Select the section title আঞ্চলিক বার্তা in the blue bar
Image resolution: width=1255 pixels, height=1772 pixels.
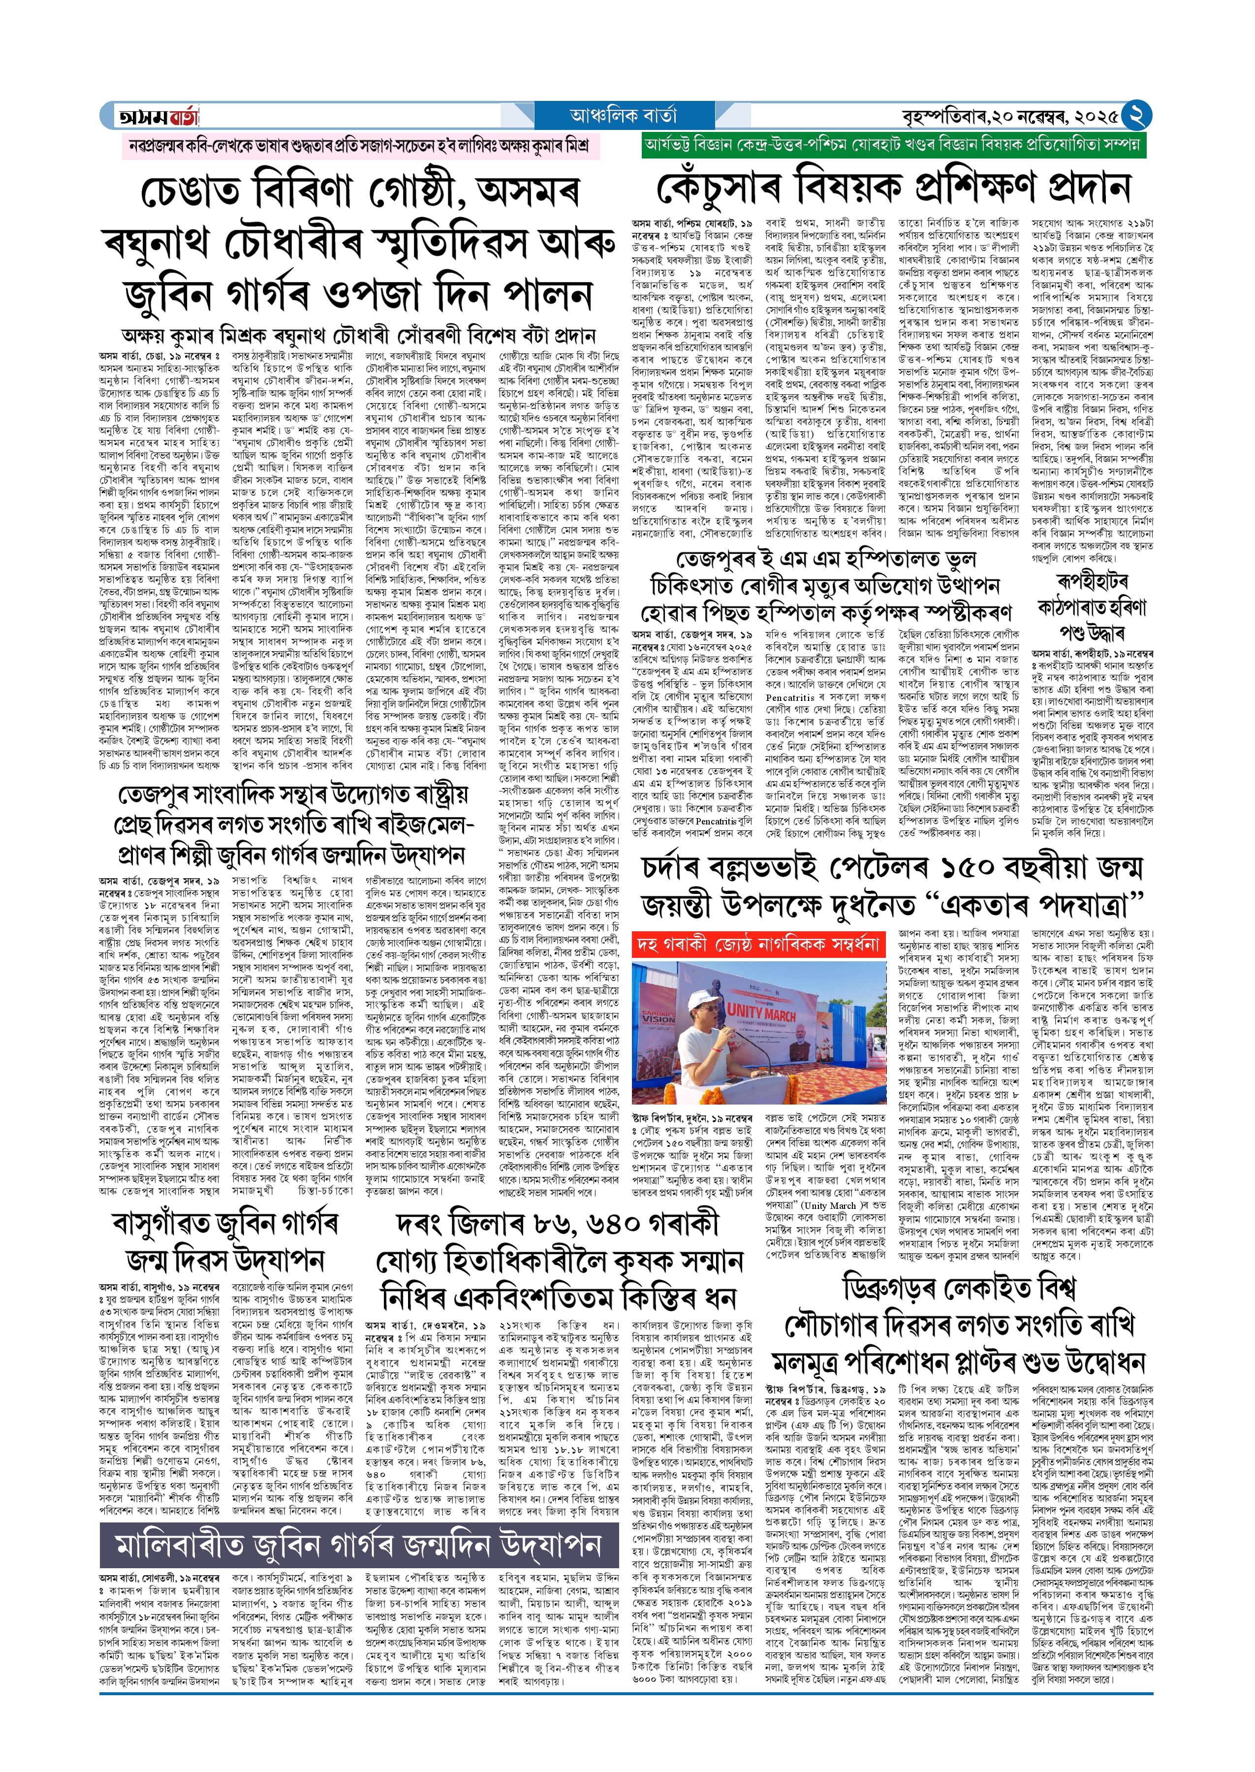point(623,116)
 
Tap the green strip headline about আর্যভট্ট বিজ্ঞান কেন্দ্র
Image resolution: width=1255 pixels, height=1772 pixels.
point(883,145)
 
